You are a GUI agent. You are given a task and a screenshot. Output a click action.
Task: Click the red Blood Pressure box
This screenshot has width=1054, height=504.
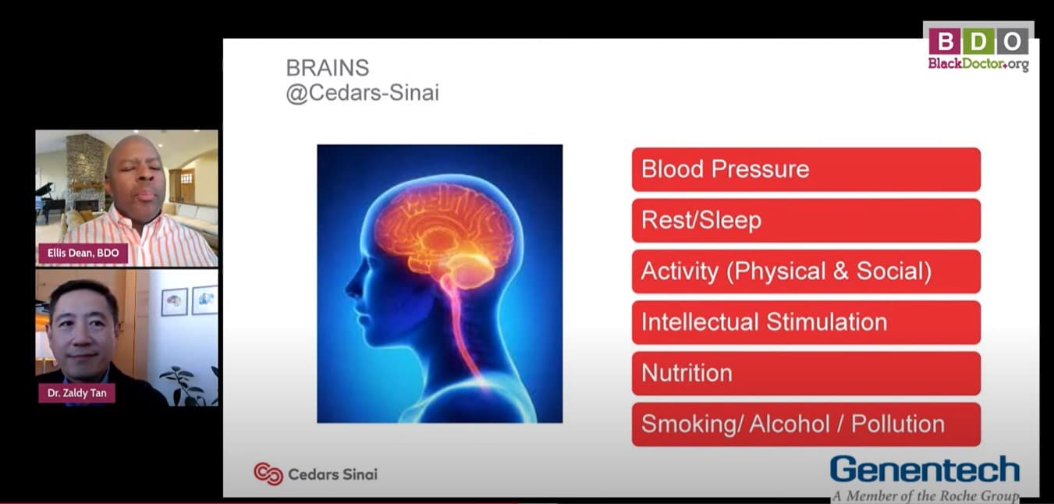pos(805,169)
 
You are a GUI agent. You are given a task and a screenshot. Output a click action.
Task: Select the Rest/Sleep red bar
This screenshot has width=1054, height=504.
pos(805,220)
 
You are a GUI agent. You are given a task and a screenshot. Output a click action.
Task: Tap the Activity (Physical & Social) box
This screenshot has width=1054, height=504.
pos(805,272)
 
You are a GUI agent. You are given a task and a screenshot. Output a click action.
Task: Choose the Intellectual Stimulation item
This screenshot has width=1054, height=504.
pos(805,322)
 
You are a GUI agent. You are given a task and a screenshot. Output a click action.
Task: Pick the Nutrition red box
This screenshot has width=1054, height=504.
pos(805,373)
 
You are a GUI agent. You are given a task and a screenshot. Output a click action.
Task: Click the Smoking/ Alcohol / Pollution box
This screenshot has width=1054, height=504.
pos(805,424)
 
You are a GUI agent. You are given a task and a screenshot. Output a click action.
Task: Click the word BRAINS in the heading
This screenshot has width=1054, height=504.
pos(327,68)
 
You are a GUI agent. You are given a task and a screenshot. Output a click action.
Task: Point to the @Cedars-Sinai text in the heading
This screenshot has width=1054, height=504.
pos(362,94)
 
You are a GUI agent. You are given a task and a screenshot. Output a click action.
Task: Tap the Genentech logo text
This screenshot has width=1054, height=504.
pos(924,470)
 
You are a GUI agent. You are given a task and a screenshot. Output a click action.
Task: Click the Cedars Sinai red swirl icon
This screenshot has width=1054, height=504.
pos(268,474)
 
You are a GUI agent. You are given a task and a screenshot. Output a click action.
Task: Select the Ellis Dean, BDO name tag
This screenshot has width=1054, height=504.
pos(83,253)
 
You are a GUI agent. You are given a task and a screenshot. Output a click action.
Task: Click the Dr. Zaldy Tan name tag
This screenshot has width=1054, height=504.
pos(77,392)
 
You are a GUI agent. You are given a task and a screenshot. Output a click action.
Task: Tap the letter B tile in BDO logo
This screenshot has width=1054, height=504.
pos(944,41)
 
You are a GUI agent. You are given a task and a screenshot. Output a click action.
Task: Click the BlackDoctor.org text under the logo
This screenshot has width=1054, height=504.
pos(978,64)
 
